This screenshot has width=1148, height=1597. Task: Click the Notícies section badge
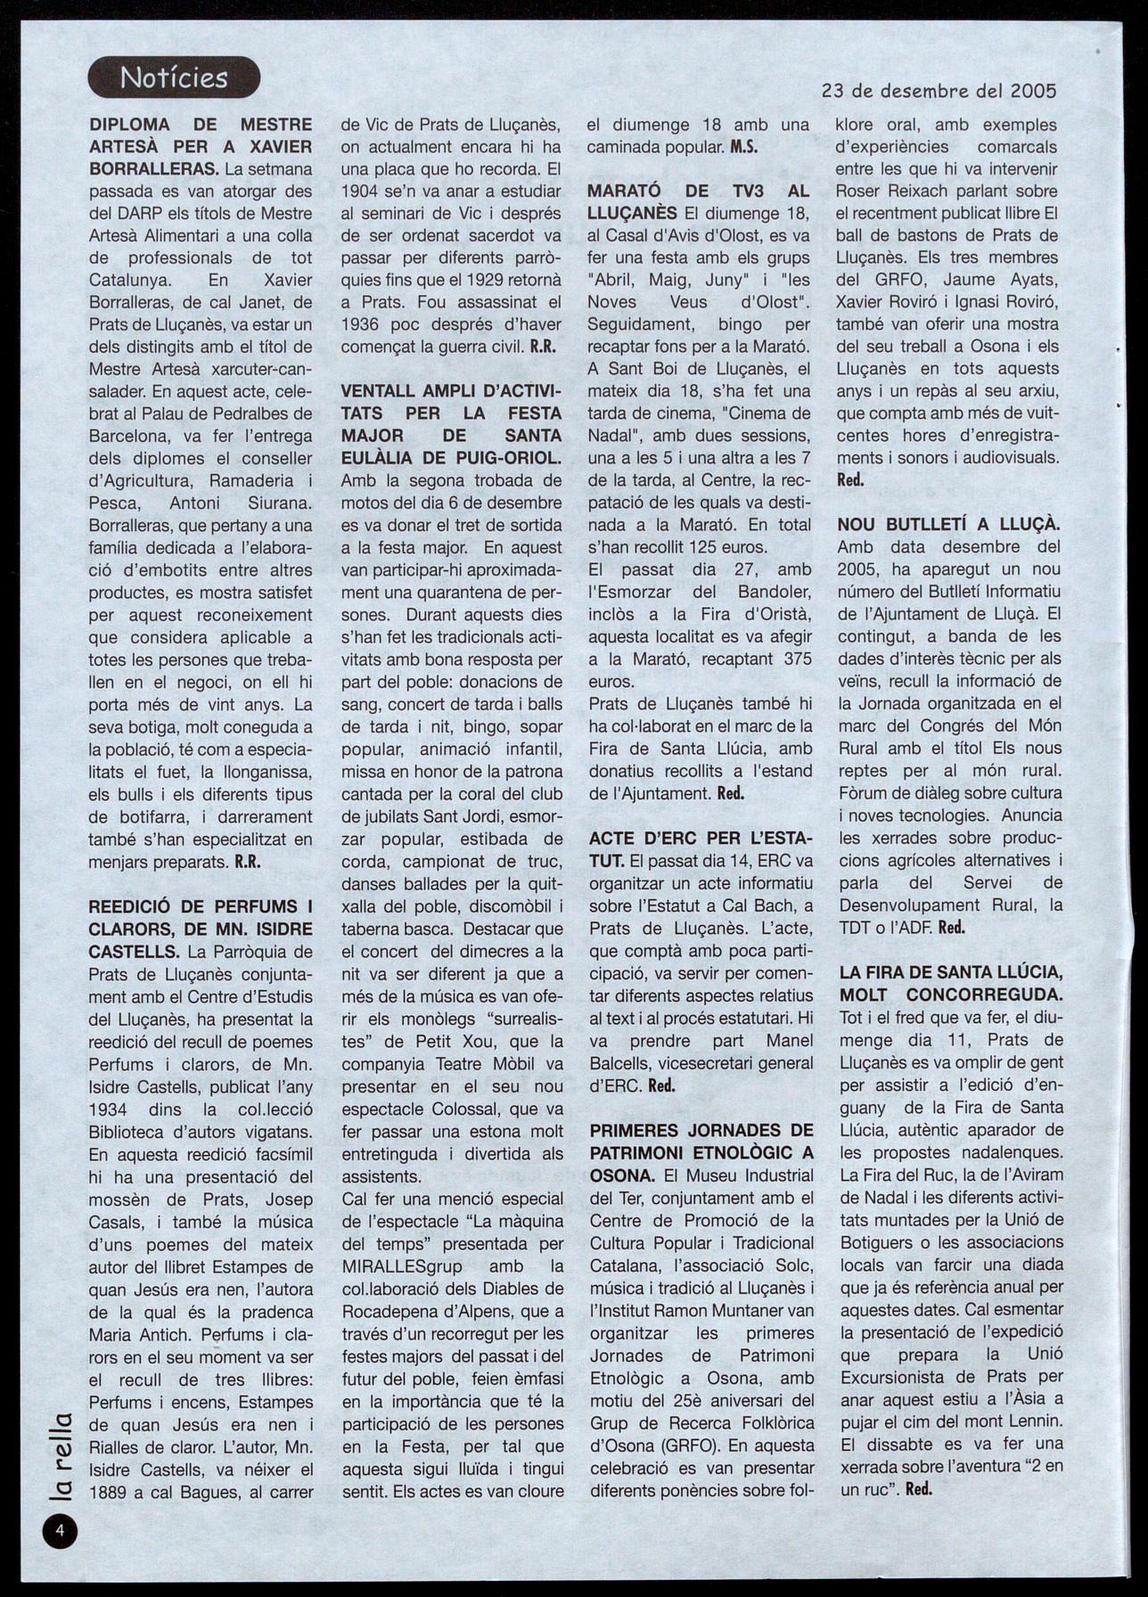click(x=174, y=78)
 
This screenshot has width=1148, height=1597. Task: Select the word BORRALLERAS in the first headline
click(x=144, y=168)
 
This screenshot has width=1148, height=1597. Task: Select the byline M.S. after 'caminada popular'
click(x=743, y=147)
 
